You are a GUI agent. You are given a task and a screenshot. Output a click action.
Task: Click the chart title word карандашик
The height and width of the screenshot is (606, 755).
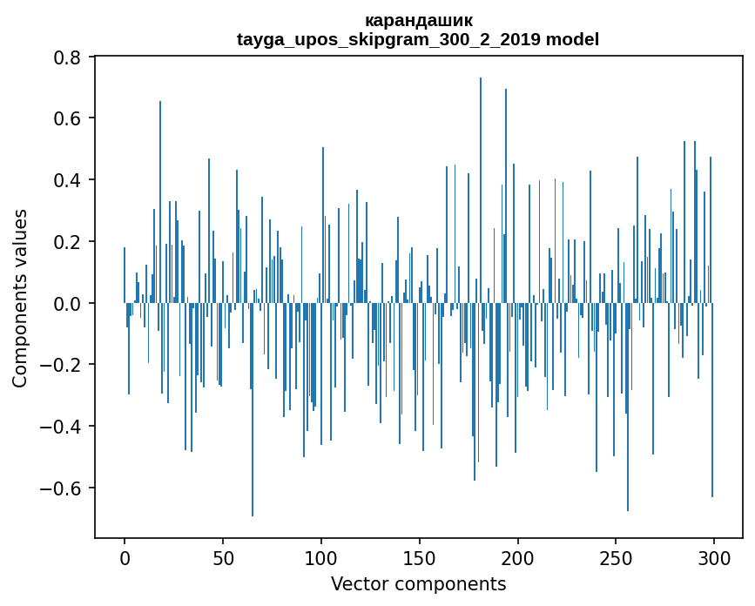pos(418,20)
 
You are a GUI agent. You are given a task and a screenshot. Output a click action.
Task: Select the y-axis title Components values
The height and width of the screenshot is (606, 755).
pos(20,298)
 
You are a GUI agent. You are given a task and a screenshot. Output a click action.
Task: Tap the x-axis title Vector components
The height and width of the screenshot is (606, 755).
pos(418,583)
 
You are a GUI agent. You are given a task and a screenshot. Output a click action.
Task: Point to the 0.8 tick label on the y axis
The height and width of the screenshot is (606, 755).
pos(68,57)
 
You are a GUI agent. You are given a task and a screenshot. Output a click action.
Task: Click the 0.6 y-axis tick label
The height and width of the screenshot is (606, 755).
pos(68,118)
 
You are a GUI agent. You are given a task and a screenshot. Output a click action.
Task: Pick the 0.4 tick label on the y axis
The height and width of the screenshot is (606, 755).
pos(68,180)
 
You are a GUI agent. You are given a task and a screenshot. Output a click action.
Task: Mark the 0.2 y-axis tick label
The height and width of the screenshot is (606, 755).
pos(68,242)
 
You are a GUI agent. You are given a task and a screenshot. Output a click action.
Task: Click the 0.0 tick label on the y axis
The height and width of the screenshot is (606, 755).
pos(68,304)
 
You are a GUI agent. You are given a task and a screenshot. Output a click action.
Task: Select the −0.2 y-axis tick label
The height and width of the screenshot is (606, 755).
pos(63,365)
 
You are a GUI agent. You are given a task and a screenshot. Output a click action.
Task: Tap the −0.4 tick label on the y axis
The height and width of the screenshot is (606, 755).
pos(63,427)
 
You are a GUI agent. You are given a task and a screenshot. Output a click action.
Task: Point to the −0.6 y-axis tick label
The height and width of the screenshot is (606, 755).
pos(63,488)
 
